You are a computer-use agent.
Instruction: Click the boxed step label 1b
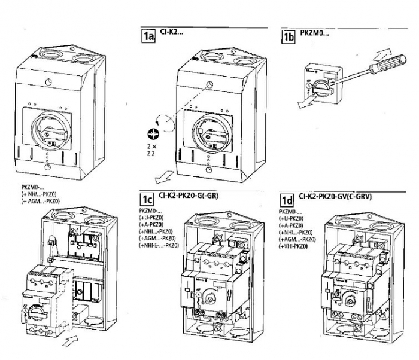(289, 36)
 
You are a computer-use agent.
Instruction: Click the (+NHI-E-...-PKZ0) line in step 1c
(159, 245)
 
